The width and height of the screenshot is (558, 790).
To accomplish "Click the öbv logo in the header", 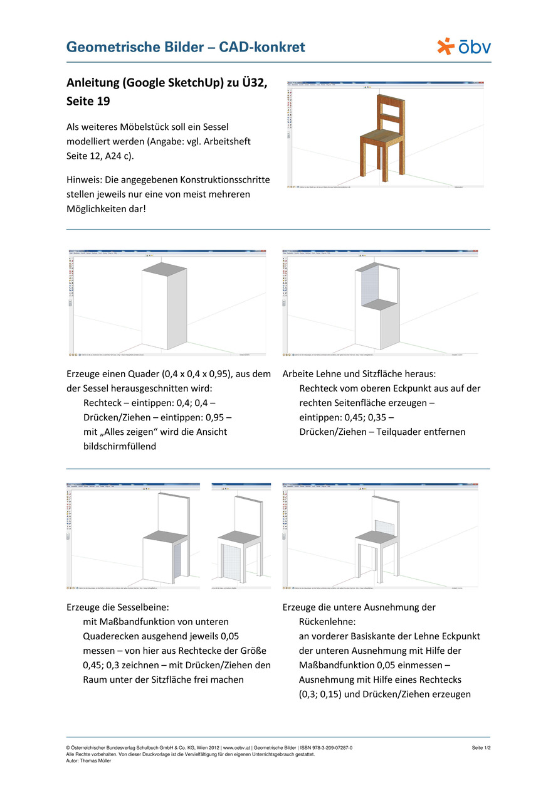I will [464, 46].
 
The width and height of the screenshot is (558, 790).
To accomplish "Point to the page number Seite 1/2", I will [481, 748].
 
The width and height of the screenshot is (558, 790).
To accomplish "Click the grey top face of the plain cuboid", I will [164, 270].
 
